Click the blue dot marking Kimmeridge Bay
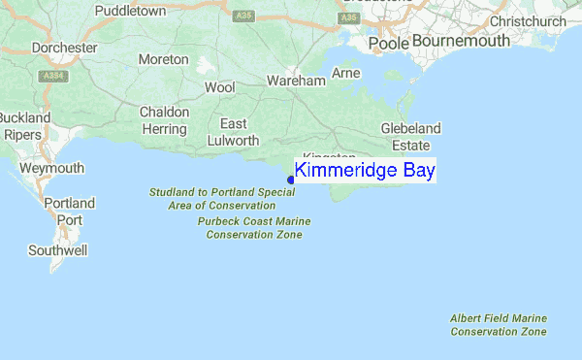click(x=291, y=180)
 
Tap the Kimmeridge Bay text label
click(x=365, y=171)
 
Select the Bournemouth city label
click(x=460, y=42)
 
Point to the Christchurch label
click(x=528, y=21)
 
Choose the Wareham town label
click(x=296, y=82)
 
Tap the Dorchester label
click(x=64, y=48)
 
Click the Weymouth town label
click(x=51, y=169)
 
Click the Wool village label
click(x=220, y=87)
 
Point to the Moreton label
click(x=163, y=60)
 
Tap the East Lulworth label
click(x=233, y=132)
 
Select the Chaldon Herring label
click(x=163, y=120)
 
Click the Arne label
click(x=345, y=74)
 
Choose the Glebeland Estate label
click(x=410, y=137)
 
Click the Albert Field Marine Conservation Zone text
click(x=499, y=325)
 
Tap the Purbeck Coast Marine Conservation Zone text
click(x=253, y=228)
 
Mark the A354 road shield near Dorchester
click(x=52, y=75)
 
